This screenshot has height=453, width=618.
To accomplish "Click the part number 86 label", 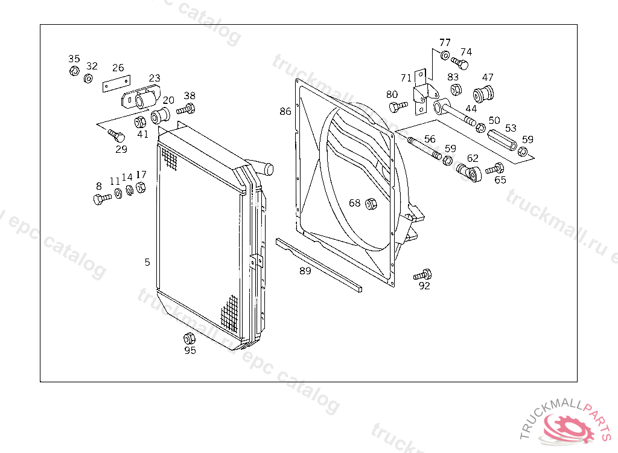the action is tap(285, 111).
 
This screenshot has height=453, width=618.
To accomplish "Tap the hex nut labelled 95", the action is tap(188, 338).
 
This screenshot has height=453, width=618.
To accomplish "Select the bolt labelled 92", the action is tap(423, 274).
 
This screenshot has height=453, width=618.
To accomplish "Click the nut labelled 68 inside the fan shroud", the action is tap(371, 204).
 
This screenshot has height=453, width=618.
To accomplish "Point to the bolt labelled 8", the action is tap(101, 198).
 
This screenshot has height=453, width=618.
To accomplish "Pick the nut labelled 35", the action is tap(74, 71).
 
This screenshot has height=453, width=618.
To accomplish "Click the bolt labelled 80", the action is tap(397, 107).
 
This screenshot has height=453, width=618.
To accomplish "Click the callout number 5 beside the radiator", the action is tap(147, 262).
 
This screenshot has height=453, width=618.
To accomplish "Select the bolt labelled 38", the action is tap(186, 110).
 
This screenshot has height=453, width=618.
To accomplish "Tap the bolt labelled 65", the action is tap(495, 169).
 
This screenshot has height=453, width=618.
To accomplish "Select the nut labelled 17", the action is tap(141, 188).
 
